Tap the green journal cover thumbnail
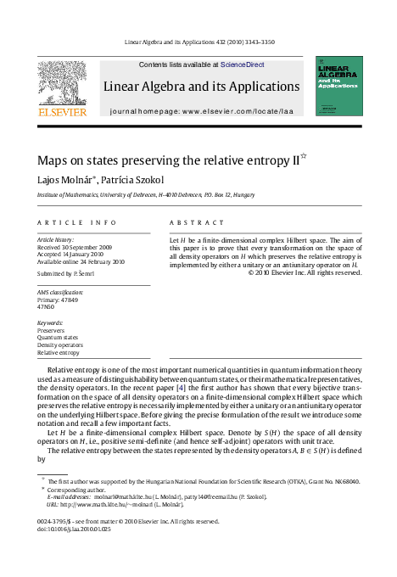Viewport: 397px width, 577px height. click(x=338, y=86)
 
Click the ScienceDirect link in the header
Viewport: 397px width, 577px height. click(x=242, y=64)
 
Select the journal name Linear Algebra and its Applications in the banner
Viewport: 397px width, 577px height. click(x=201, y=87)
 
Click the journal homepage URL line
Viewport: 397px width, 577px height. click(x=200, y=111)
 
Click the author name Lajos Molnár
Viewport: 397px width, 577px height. click(x=65, y=180)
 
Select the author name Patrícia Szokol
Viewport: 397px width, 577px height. click(x=132, y=180)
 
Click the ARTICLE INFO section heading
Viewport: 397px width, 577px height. click(x=77, y=222)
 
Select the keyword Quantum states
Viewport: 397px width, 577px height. click(x=58, y=338)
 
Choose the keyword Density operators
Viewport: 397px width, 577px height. click(x=61, y=345)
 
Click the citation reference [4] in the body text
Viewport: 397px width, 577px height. click(x=181, y=387)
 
